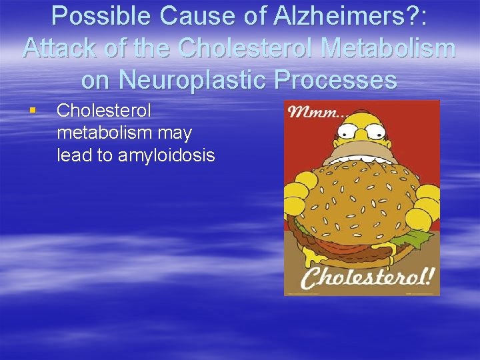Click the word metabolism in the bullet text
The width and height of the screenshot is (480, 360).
tap(124, 133)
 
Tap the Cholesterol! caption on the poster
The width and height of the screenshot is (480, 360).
tap(361, 276)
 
